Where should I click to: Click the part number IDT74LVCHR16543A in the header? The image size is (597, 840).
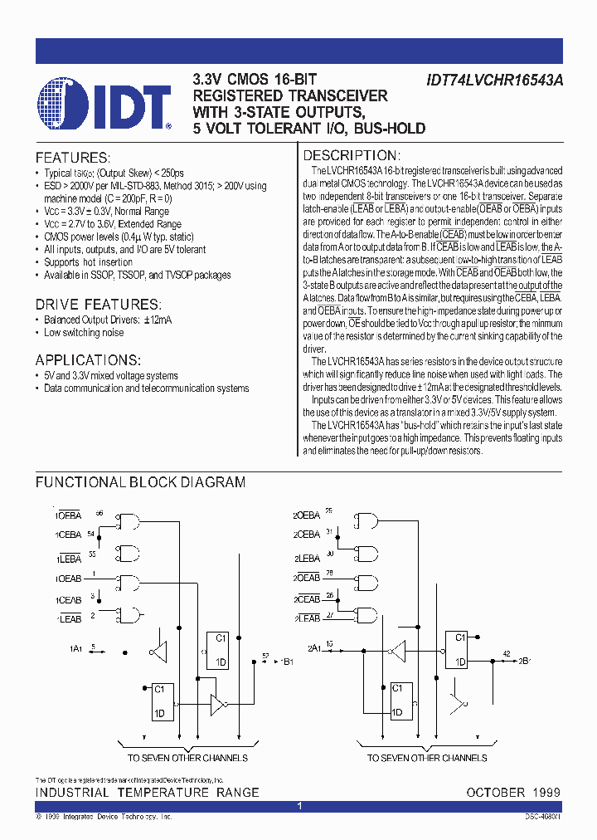click(495, 81)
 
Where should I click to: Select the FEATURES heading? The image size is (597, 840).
click(72, 158)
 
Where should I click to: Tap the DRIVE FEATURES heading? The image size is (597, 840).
click(96, 304)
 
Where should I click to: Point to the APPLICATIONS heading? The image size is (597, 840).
click(88, 359)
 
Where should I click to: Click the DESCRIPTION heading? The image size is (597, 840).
click(352, 156)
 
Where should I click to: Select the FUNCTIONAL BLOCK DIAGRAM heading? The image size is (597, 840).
click(140, 482)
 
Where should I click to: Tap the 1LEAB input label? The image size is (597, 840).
click(70, 619)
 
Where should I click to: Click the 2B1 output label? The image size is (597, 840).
click(524, 661)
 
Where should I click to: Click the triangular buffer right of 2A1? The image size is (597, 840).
click(399, 649)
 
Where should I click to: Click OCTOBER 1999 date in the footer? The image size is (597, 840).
click(513, 793)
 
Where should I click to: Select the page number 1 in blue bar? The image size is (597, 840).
click(298, 806)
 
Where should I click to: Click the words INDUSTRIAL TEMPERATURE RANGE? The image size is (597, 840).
click(147, 793)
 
